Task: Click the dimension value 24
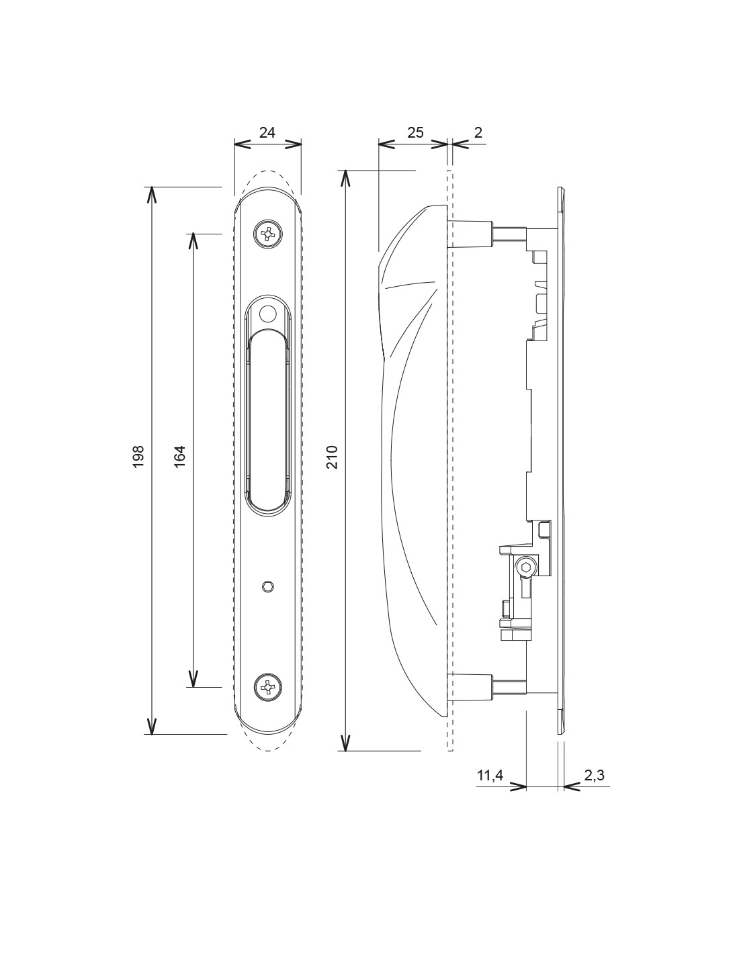(267, 132)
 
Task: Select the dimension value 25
(415, 132)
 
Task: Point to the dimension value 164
(180, 457)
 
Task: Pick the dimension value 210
(332, 457)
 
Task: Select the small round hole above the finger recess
(267, 314)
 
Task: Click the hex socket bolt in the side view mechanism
(525, 567)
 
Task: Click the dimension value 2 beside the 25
(478, 132)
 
